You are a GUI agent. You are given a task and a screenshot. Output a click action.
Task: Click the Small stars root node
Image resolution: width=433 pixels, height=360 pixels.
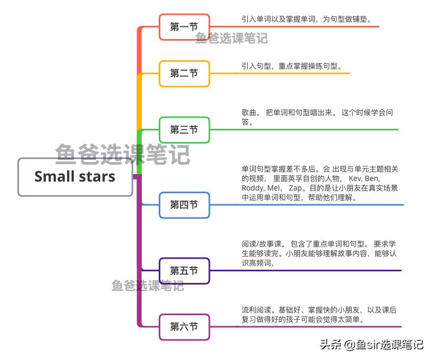(75, 176)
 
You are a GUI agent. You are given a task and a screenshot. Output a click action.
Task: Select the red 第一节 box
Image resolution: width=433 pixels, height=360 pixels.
(184, 27)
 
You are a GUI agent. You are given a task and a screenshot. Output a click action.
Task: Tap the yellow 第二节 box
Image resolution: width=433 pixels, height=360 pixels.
(184, 73)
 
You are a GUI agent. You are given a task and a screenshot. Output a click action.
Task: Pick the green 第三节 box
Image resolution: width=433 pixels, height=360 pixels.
(184, 129)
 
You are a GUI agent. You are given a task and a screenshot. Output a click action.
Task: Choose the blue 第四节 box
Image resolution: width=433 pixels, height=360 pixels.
(184, 205)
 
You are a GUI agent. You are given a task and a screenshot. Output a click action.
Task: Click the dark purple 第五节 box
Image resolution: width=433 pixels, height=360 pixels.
(184, 271)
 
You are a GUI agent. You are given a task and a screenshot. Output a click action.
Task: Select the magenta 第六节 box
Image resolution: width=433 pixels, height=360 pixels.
(184, 327)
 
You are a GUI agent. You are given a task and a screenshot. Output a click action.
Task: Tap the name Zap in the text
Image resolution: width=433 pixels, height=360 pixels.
(296, 188)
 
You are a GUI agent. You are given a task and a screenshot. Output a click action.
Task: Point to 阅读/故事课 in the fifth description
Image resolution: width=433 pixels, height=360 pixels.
(262, 244)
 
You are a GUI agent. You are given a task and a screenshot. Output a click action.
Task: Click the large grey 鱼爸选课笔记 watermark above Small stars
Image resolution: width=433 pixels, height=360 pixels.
(122, 154)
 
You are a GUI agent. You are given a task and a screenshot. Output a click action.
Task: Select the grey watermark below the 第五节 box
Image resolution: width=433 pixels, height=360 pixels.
(148, 286)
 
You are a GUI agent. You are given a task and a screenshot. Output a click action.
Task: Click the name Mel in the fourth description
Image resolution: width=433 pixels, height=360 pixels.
(274, 188)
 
